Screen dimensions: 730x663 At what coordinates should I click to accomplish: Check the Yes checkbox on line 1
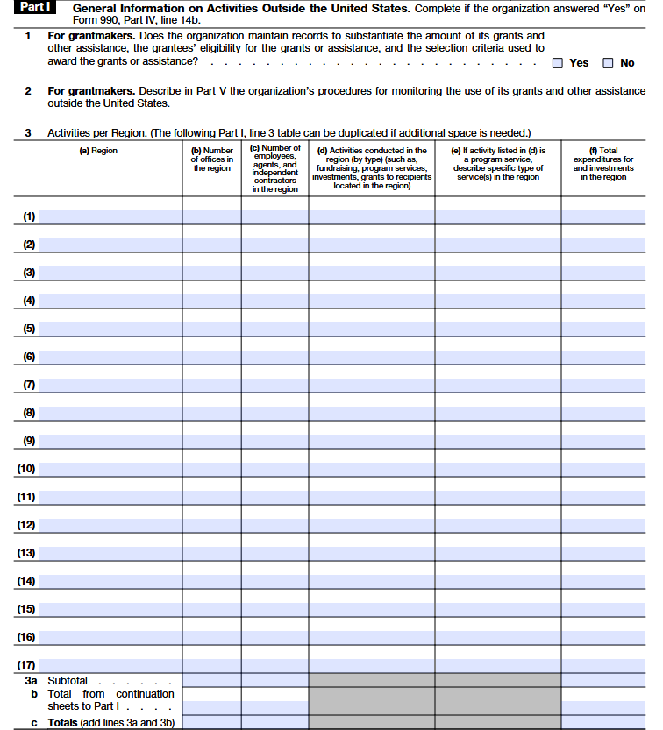[x=558, y=63]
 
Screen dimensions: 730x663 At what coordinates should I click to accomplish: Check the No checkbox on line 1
[x=608, y=63]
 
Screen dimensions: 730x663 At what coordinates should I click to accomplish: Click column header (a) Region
[x=98, y=151]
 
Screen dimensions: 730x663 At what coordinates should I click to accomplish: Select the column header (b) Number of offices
[x=211, y=159]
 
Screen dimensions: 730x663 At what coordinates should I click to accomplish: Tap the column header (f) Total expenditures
[x=603, y=164]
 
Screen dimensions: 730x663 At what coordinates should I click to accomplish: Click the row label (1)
[x=30, y=216]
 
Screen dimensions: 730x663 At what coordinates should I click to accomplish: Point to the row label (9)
[x=30, y=441]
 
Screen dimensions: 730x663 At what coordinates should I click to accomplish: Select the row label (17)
[x=26, y=665]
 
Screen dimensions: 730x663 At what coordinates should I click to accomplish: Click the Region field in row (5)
[x=110, y=329]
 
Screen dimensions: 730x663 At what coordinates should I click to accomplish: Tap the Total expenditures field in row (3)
[x=603, y=273]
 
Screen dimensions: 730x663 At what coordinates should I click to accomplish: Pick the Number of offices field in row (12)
[x=211, y=525]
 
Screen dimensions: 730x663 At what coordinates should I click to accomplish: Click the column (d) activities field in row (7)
[x=371, y=385]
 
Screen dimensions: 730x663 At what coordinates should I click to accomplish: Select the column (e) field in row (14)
[x=497, y=581]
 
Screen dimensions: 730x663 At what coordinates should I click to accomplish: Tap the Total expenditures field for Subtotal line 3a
[x=603, y=680]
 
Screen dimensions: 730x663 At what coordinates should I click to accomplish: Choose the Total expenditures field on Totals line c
[x=603, y=722]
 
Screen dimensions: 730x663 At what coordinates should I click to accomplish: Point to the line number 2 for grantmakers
[x=28, y=91]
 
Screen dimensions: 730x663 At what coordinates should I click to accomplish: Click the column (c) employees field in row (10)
[x=274, y=469]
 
